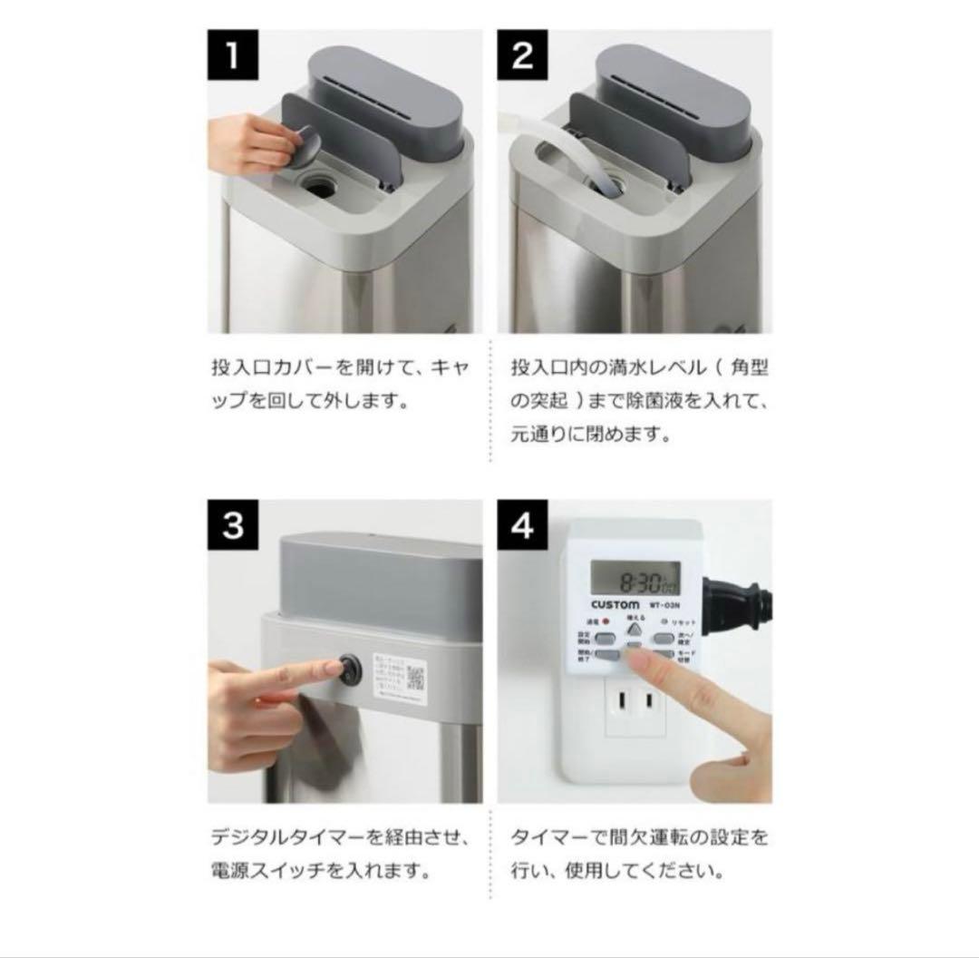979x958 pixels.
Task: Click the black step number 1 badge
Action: coord(233,55)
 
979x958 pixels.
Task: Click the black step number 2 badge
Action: coord(523,55)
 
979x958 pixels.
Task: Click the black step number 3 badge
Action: coord(233,524)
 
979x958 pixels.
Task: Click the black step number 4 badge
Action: coord(523,524)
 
